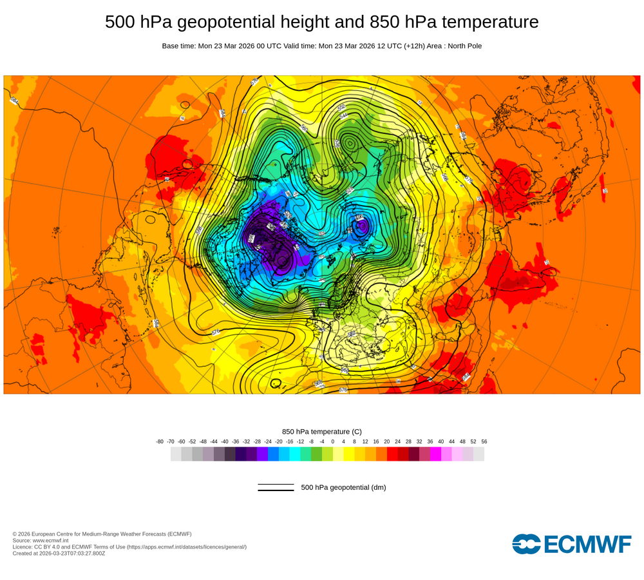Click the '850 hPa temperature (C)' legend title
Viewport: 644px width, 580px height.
[x=322, y=431]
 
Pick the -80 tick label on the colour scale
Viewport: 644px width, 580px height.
[x=160, y=441]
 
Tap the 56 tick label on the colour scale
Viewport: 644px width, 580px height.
[x=484, y=441]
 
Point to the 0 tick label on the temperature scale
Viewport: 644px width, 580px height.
[x=332, y=441]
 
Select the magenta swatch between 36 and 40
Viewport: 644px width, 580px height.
[x=435, y=454]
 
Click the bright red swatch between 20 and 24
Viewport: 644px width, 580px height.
[x=392, y=454]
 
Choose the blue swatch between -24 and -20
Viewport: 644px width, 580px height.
[x=273, y=454]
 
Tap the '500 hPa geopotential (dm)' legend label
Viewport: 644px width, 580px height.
[x=343, y=487]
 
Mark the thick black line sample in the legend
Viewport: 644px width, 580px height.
[x=276, y=490]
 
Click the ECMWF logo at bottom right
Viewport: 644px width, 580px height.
[x=572, y=544]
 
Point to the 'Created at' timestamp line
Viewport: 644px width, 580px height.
[x=59, y=553]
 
